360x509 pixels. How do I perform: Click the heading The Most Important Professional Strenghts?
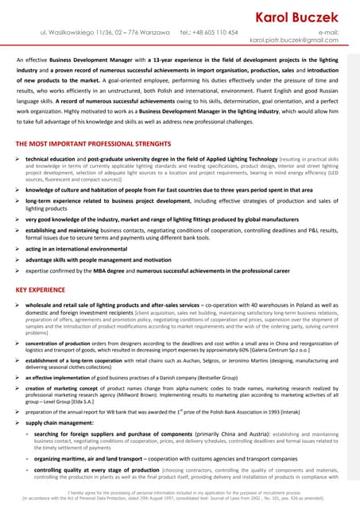93,144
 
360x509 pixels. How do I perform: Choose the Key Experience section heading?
41,291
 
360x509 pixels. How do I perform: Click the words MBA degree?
129,271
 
